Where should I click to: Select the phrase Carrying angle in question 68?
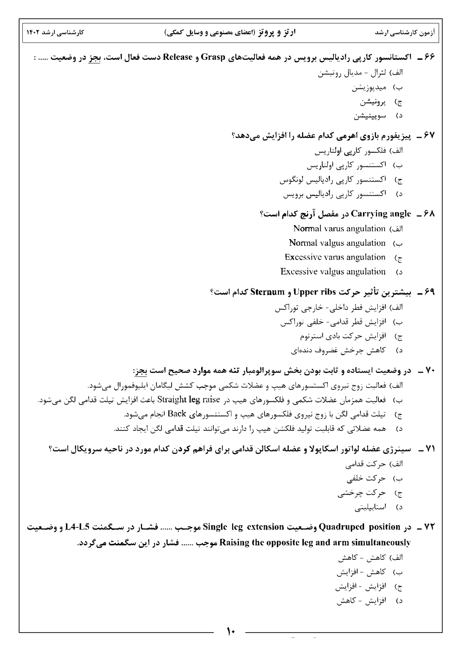pos(381,214)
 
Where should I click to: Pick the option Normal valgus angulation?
pos(337,243)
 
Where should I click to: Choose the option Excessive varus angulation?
pos(335,257)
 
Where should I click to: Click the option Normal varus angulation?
pos(339,229)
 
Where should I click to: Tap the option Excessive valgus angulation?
pos(333,272)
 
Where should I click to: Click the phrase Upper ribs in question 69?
pos(314,292)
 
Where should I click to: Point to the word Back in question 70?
pos(177,414)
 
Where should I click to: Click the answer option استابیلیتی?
pos(370,508)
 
